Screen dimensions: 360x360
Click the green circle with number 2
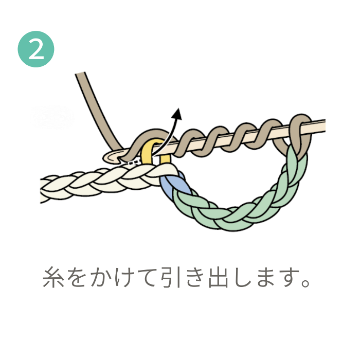[36, 49]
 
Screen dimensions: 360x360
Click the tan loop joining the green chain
[299, 131]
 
